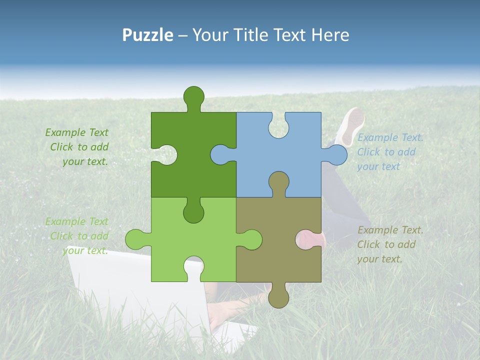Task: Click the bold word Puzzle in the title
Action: (148, 35)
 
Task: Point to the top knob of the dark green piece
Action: (193, 96)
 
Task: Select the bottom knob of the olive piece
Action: (278, 297)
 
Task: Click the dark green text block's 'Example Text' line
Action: (76, 132)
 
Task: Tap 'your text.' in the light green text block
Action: (85, 250)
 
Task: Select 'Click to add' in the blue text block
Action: (386, 152)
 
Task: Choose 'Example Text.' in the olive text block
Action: (390, 230)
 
